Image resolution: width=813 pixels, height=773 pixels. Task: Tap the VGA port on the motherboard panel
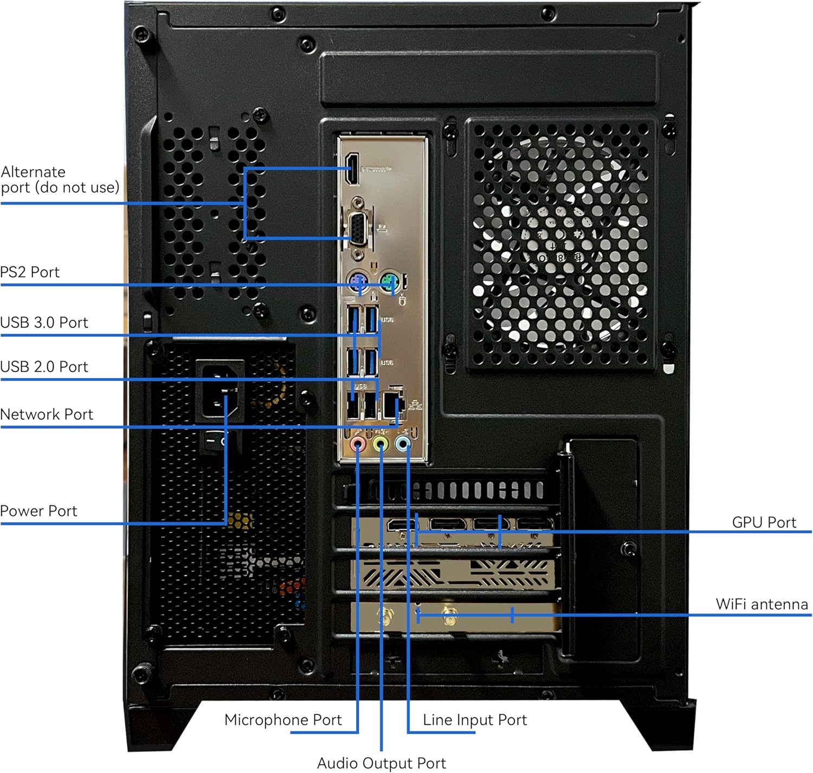(x=357, y=226)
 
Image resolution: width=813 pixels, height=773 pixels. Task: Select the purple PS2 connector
(x=358, y=282)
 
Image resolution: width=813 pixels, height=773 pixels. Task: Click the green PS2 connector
(x=389, y=282)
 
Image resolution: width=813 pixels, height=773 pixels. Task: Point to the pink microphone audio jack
(x=358, y=445)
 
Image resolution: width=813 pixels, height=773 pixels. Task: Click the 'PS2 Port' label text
(x=30, y=272)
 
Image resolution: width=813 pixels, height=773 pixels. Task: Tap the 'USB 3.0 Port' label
(x=44, y=322)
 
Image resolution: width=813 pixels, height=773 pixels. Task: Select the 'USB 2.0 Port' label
(x=44, y=367)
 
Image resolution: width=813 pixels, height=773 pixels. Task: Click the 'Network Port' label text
(x=47, y=414)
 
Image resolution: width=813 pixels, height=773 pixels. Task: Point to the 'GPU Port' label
(x=764, y=523)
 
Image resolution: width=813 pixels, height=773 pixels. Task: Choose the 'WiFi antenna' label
(x=762, y=605)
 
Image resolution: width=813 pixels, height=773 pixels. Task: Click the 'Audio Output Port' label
(x=381, y=763)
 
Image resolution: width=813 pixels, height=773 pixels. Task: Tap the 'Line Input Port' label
(x=475, y=720)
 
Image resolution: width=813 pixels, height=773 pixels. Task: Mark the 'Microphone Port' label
(x=283, y=720)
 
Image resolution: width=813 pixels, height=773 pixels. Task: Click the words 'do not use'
(x=77, y=187)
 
